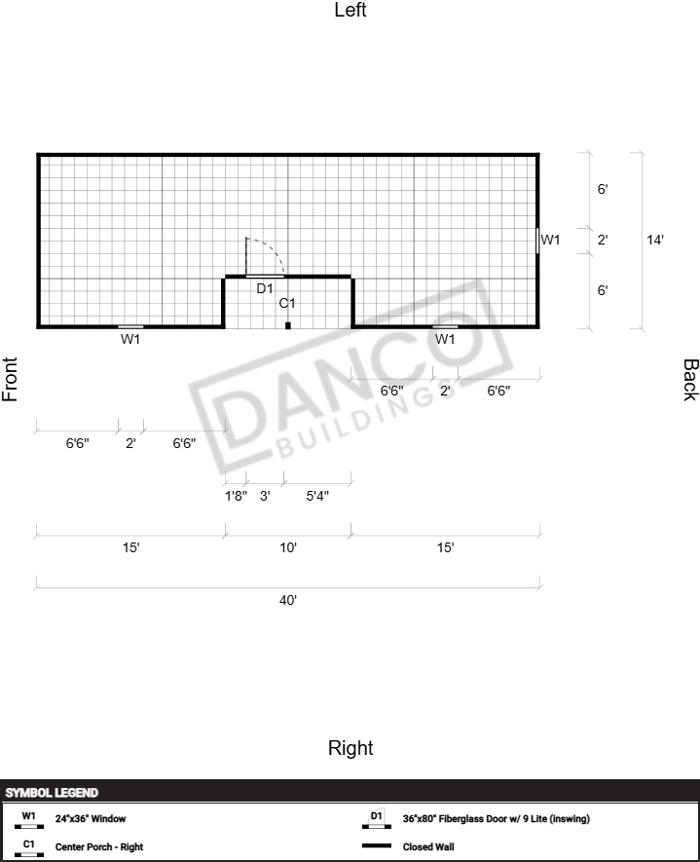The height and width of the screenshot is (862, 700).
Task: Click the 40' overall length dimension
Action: tap(288, 600)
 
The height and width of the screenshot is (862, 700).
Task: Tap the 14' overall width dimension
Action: tap(655, 240)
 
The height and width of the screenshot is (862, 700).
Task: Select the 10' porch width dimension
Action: tap(288, 547)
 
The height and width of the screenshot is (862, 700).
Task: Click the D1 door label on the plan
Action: tap(265, 288)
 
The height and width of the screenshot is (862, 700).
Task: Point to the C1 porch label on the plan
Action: tap(287, 303)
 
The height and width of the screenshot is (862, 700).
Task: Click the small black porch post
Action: tap(288, 325)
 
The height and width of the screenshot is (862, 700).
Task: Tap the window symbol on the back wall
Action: tap(537, 241)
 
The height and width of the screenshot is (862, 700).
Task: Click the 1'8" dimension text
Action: tap(236, 496)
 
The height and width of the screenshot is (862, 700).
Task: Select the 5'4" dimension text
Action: tap(317, 496)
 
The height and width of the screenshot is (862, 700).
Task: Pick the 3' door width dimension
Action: tap(265, 496)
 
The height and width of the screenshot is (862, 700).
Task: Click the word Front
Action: tap(10, 379)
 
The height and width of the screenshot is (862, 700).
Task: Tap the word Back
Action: tap(690, 380)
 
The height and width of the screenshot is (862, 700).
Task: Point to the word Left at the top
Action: tap(350, 10)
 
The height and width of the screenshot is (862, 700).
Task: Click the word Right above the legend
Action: tap(350, 748)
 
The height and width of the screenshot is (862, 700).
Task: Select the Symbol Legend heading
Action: tap(52, 793)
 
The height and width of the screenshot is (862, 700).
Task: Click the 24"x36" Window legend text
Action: tap(91, 818)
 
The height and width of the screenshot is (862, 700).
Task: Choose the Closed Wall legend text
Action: tap(428, 846)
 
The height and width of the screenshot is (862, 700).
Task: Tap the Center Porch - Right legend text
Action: tap(99, 846)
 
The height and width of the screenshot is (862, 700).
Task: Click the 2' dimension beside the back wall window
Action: tap(603, 240)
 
